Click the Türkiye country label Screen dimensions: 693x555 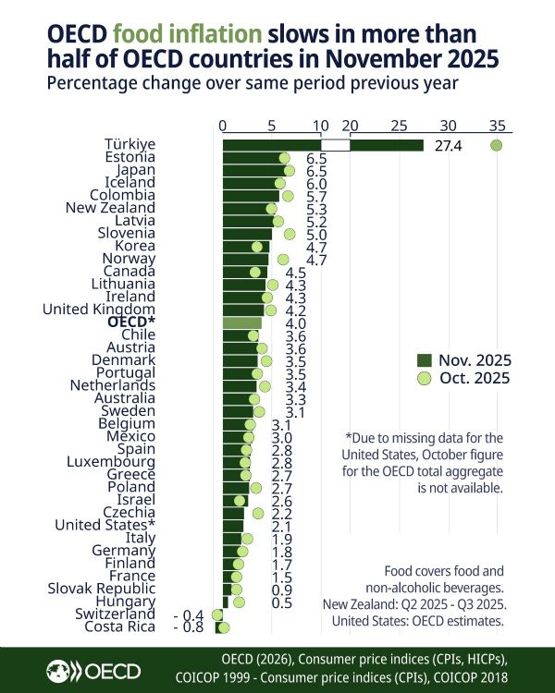129,145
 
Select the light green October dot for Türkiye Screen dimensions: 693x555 497,145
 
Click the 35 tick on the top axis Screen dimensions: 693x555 497,125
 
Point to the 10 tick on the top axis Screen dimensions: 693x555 321,125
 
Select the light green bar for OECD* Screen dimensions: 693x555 242,322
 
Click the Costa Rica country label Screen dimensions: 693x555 119,626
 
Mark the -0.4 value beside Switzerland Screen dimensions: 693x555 189,614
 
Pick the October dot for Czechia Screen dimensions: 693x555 258,513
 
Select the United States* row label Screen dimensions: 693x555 105,525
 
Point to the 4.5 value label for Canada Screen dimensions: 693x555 296,273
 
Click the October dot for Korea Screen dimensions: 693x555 257,247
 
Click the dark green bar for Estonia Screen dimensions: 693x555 253,158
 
